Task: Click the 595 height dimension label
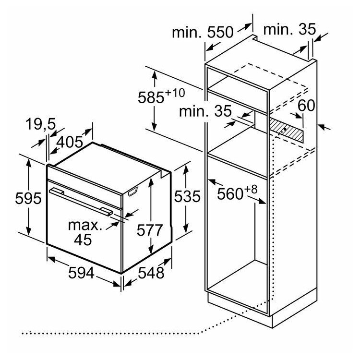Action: [x=28, y=198]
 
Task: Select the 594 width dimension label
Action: [x=81, y=273]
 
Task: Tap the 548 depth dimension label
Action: [x=151, y=273]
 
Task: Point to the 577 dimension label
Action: [x=150, y=230]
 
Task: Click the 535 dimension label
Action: [x=187, y=196]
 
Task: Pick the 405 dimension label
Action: [x=70, y=142]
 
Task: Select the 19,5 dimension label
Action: [x=41, y=124]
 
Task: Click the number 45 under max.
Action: [x=83, y=240]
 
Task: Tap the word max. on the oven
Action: [x=85, y=225]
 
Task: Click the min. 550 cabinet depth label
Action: [x=203, y=32]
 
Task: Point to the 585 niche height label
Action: [x=151, y=97]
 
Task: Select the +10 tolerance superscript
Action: [x=175, y=93]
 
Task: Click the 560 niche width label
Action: [x=230, y=194]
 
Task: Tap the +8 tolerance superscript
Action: [x=251, y=190]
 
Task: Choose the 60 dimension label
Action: [x=307, y=106]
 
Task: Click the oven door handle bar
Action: [x=81, y=201]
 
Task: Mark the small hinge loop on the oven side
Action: [x=132, y=192]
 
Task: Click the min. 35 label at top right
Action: [x=289, y=29]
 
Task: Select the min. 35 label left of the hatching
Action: [x=205, y=111]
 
